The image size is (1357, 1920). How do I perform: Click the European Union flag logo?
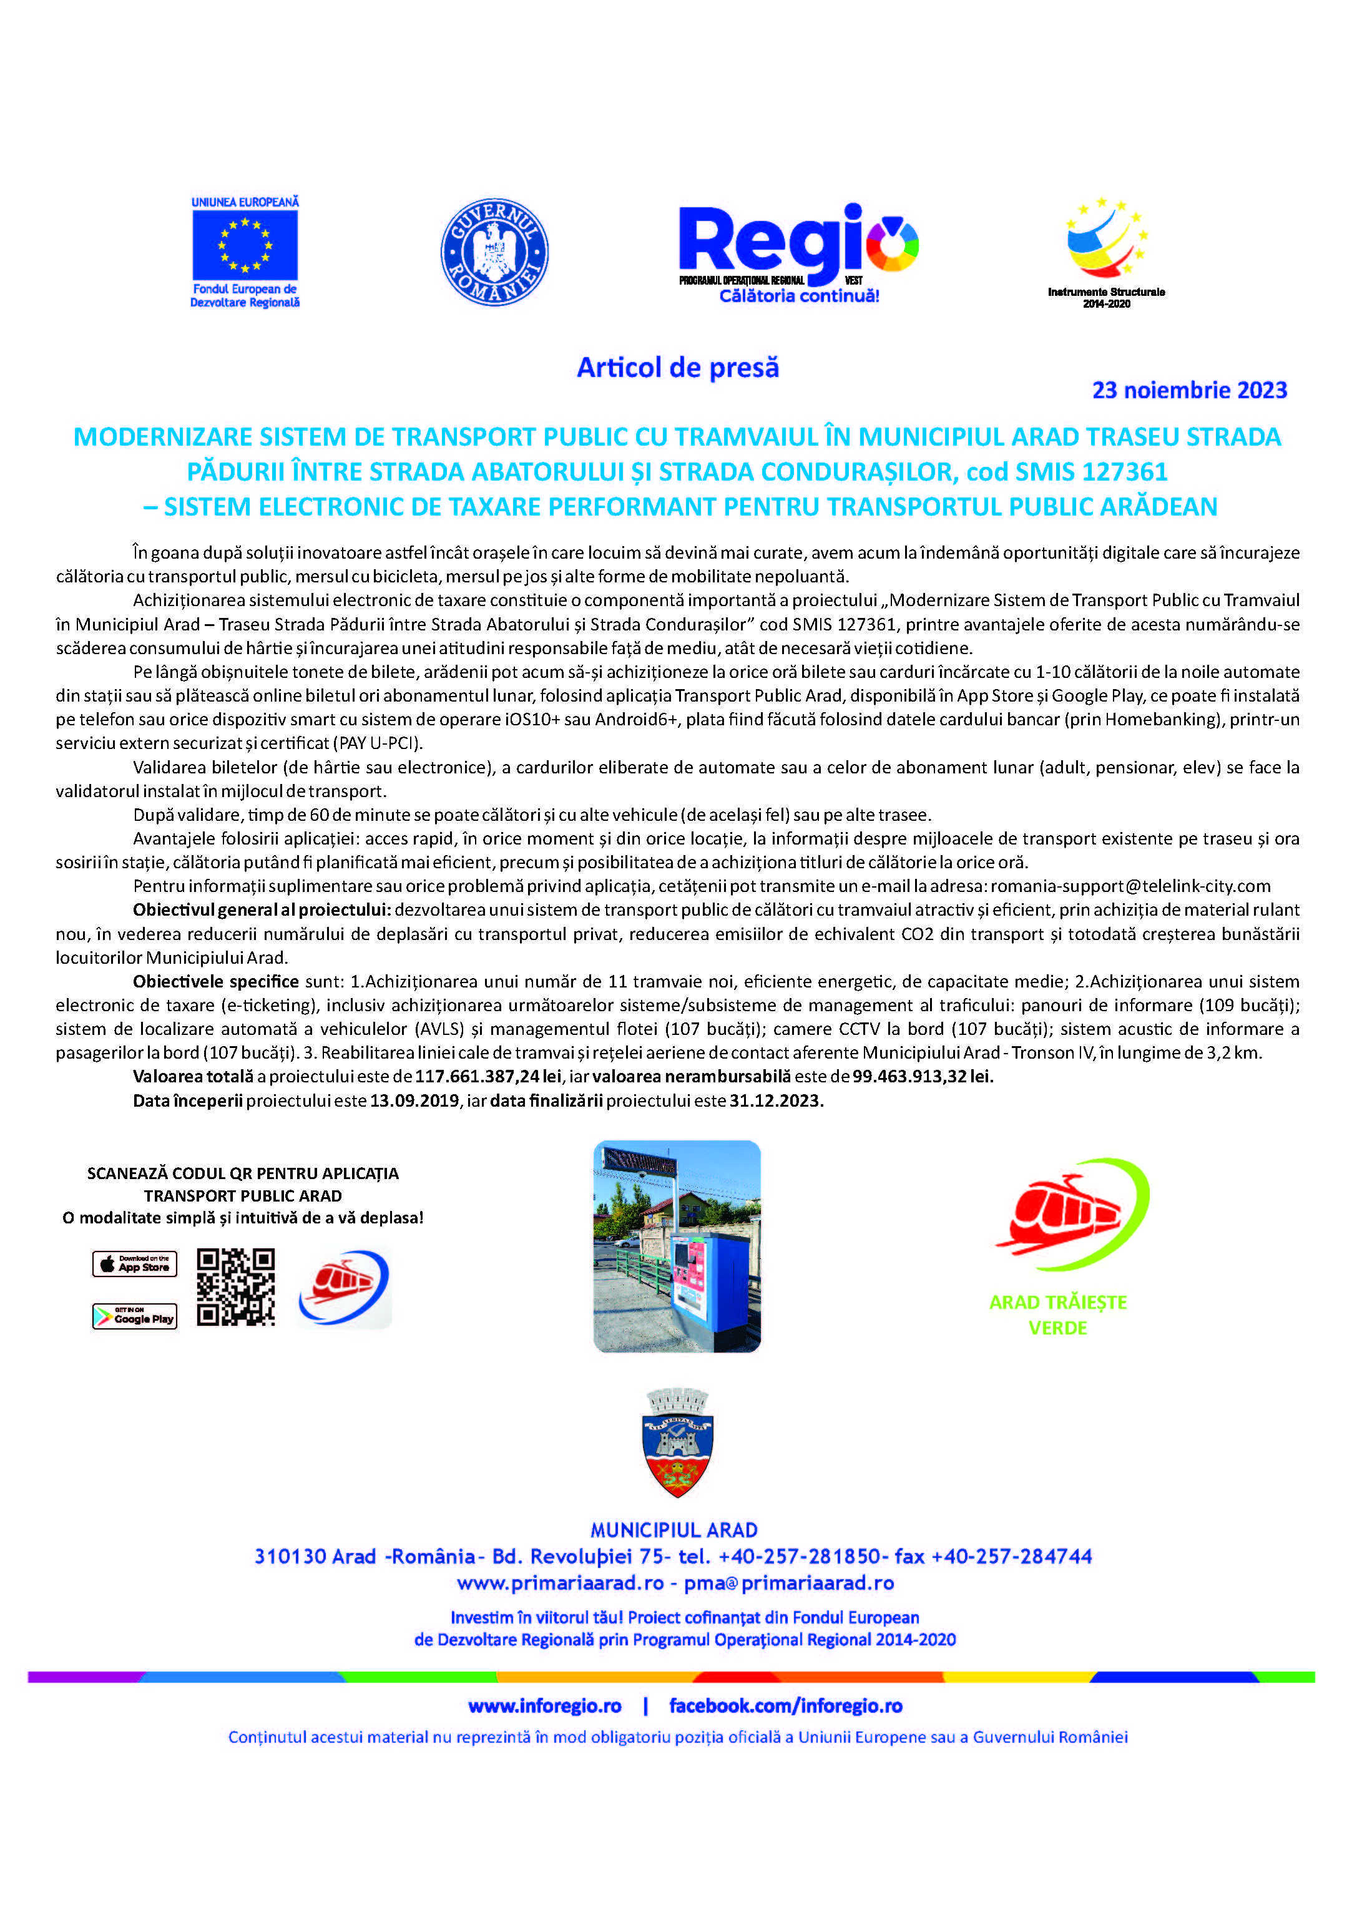[245, 245]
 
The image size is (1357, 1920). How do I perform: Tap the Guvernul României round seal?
[494, 252]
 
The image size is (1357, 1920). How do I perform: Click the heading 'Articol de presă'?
[677, 368]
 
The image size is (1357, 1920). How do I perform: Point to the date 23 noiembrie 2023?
[1189, 391]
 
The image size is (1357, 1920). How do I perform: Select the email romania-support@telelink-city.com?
[1130, 886]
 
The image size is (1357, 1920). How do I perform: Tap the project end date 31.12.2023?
[776, 1101]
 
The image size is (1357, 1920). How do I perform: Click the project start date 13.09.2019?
[414, 1101]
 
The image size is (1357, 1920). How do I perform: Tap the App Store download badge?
[135, 1263]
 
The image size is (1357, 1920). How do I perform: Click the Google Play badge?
[135, 1316]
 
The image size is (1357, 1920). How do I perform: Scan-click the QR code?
[236, 1288]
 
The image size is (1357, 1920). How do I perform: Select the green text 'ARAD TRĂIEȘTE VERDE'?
[1057, 1315]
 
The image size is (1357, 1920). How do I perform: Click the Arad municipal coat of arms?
[678, 1454]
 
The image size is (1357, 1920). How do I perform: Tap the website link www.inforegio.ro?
[544, 1706]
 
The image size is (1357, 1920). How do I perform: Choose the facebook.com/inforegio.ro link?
[785, 1706]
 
